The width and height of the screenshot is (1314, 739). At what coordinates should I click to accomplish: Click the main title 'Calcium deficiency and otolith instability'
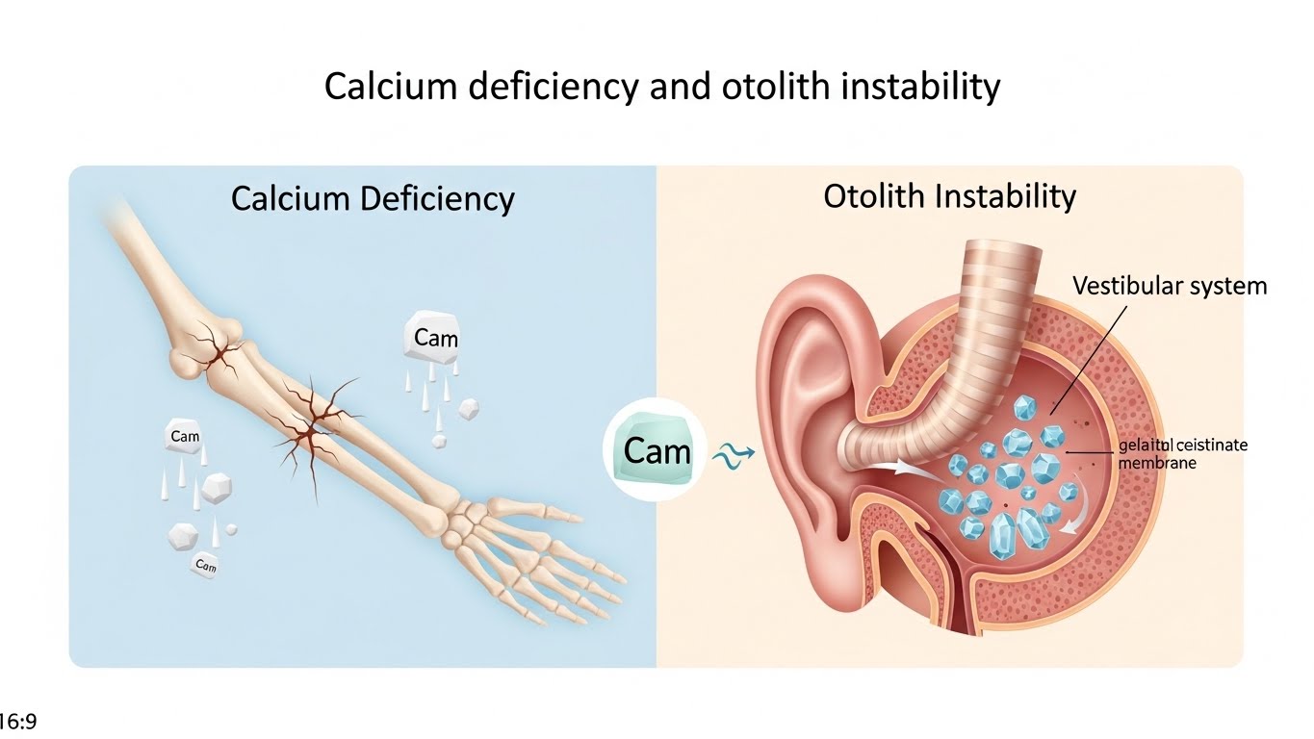[x=661, y=88]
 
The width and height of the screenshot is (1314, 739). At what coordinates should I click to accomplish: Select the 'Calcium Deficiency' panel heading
[x=373, y=199]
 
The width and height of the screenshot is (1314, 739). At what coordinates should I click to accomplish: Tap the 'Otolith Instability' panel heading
[x=949, y=196]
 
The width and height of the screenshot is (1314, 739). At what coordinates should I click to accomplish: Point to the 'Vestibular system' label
[x=1170, y=285]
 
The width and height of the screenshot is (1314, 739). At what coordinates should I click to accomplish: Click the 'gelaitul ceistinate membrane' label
[x=1183, y=453]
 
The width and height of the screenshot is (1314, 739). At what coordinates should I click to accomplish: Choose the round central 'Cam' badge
[x=657, y=450]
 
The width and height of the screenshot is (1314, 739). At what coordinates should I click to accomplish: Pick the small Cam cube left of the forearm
[x=184, y=437]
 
